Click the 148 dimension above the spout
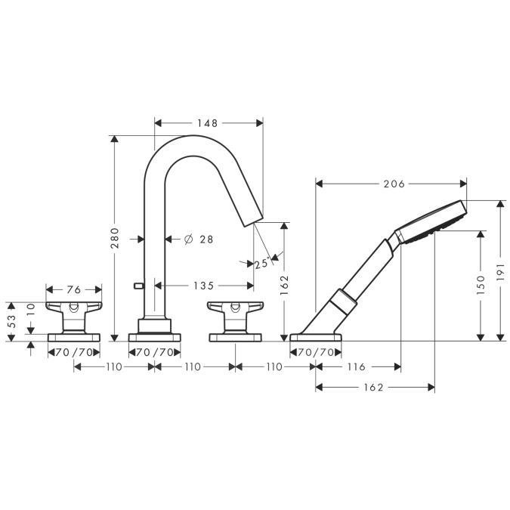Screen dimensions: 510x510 click(208, 123)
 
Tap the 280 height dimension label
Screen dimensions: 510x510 click(115, 238)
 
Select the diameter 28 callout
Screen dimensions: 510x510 click(199, 240)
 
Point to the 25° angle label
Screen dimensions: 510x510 click(262, 263)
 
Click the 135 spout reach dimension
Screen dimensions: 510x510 click(204, 286)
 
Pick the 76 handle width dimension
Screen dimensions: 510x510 click(74, 289)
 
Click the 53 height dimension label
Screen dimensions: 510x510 click(11, 322)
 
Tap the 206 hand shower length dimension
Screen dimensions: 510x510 click(394, 184)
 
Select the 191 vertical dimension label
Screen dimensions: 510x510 click(501, 272)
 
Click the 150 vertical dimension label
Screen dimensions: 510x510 click(481, 286)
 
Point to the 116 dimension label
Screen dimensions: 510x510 click(357, 367)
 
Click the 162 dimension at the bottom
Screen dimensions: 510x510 click(374, 388)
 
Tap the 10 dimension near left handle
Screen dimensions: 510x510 click(30, 310)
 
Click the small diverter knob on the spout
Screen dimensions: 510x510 click(139, 286)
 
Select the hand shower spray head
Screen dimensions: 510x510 click(432, 221)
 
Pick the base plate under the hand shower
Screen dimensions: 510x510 click(316, 337)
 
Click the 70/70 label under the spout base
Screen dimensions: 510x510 click(154, 352)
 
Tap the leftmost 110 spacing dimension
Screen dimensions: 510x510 click(114, 367)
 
